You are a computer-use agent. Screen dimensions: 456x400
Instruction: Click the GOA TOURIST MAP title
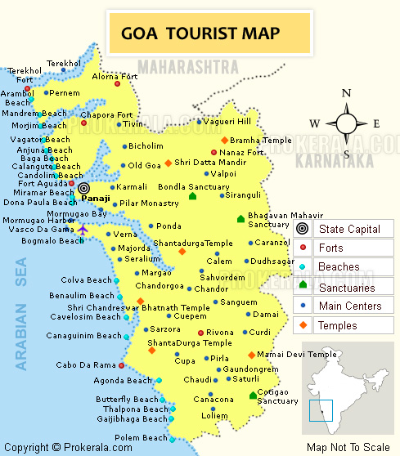click(200, 34)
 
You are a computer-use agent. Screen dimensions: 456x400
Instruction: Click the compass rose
click(346, 123)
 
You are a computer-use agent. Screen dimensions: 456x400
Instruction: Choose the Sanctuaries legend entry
click(346, 287)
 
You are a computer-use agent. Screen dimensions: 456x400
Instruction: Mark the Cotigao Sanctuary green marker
click(253, 396)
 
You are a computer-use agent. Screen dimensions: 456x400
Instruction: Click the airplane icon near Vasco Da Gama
click(83, 230)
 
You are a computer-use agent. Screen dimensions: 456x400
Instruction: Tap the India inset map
click(348, 392)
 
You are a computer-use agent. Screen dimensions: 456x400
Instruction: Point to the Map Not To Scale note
click(348, 447)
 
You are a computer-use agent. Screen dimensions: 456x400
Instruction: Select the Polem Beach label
click(141, 438)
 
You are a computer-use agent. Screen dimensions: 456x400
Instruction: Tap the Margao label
click(156, 272)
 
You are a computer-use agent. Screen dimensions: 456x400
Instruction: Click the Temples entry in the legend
click(337, 326)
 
